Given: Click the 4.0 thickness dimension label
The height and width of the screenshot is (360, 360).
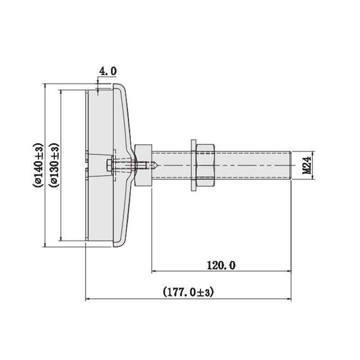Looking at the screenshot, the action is coord(108,71).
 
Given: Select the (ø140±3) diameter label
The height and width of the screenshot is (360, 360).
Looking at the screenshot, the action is coord(38,165).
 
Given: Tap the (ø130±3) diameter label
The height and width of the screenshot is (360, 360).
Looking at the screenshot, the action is coord(54,165).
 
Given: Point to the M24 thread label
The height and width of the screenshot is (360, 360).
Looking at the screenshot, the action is coord(307,165).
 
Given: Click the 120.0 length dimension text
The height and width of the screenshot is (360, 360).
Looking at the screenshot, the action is coord(221,265).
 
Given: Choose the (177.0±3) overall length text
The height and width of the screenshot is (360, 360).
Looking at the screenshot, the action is coord(188,292).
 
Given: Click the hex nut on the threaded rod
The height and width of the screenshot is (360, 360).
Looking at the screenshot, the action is coord(206,165).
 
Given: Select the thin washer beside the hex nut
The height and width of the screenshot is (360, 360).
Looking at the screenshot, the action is coord(194,165).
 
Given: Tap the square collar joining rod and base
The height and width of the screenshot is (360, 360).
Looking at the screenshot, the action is coord(143,165).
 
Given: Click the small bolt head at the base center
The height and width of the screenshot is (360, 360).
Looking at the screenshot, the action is coord(109,165).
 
